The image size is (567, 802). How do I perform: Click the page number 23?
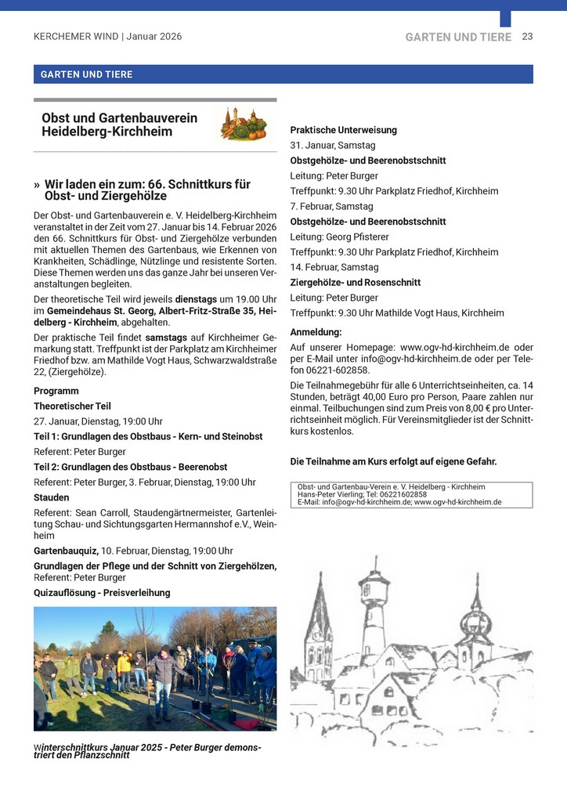[527, 37]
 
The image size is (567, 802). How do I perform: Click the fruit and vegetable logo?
[241, 125]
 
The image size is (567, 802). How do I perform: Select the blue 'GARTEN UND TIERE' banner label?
[87, 74]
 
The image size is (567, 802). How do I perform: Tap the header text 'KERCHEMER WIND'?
[75, 37]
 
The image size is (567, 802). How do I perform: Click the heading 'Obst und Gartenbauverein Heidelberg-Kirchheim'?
[119, 125]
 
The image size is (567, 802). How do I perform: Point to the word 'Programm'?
[56, 391]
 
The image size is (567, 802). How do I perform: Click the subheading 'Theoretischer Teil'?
[72, 406]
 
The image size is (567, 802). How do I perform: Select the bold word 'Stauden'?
[52, 497]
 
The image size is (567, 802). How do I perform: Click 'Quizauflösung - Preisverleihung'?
[102, 593]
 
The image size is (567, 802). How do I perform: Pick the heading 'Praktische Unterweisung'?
[343, 130]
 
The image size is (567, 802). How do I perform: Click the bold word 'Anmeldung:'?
[316, 331]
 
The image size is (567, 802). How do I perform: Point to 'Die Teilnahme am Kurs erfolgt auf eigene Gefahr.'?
[393, 461]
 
